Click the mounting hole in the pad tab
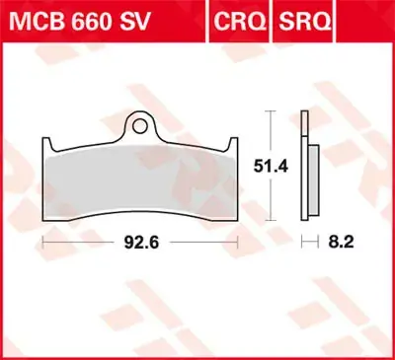(x=144, y=125)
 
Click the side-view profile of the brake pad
(x=311, y=178)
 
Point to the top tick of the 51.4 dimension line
(x=268, y=112)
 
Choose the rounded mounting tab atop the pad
(x=144, y=123)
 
